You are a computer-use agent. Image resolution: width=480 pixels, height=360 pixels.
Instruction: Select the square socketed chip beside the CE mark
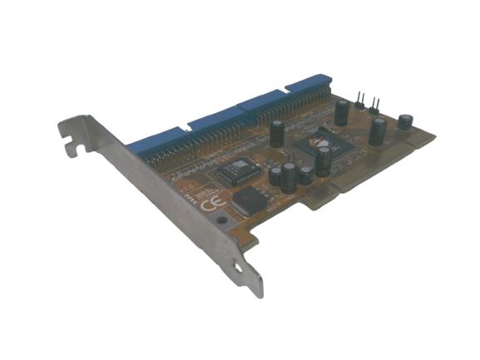tap(230, 170)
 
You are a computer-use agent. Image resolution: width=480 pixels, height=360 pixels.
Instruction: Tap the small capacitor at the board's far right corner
tap(405, 121)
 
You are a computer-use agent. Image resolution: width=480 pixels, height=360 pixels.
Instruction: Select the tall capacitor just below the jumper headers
tap(378, 131)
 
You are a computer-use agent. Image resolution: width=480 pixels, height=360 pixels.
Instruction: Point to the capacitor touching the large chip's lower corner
tap(322, 162)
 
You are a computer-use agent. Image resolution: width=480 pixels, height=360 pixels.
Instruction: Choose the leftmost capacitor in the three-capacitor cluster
tap(275, 175)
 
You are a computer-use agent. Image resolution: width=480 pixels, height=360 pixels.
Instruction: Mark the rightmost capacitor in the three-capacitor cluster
tap(306, 175)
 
